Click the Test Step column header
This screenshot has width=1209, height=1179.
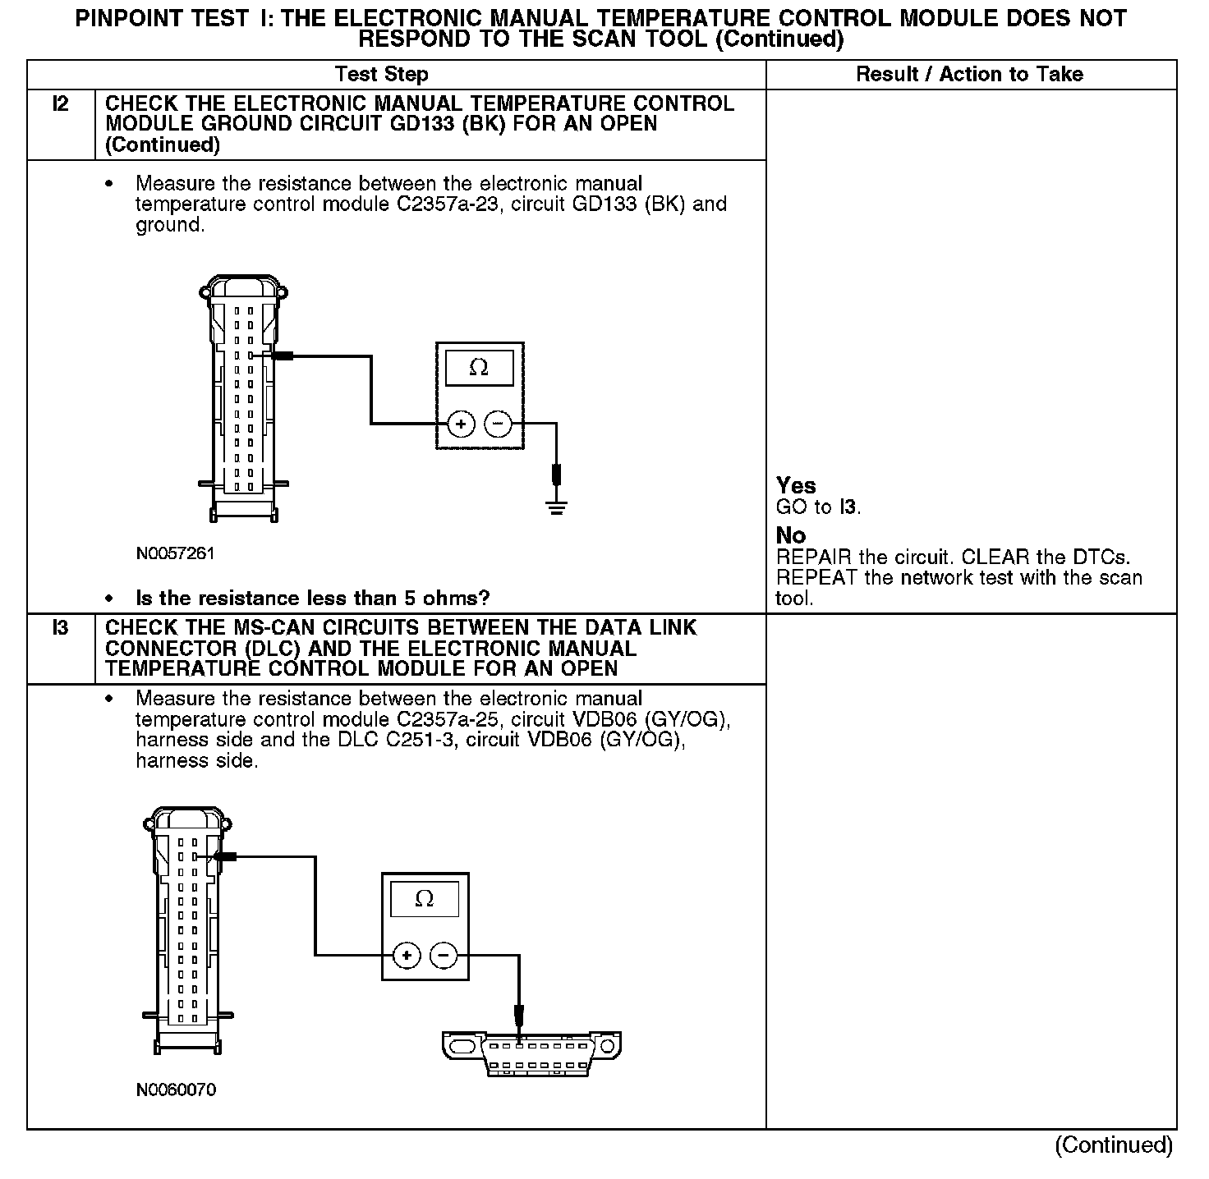[x=382, y=75]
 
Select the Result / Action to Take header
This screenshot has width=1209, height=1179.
[x=969, y=75]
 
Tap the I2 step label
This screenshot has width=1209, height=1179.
[x=60, y=104]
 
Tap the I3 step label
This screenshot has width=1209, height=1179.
[x=60, y=628]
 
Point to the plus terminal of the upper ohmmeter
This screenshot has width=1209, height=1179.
[x=461, y=424]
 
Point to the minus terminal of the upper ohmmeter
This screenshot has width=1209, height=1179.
[x=498, y=424]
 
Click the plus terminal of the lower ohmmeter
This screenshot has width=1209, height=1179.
[x=407, y=955]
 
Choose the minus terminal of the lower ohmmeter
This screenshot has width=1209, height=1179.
[x=444, y=955]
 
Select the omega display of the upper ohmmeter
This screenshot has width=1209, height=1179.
[x=479, y=369]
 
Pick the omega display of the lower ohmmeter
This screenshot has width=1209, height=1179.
[x=425, y=899]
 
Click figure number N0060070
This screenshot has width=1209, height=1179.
[x=176, y=1090]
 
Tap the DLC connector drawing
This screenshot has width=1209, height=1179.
[x=531, y=1054]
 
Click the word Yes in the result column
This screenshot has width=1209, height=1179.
[x=796, y=486]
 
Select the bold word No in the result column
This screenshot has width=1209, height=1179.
[x=791, y=536]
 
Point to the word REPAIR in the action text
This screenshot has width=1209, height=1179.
[x=813, y=557]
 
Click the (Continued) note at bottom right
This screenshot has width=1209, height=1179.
[x=1113, y=1145]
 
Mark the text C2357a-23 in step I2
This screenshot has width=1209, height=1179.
[x=448, y=204]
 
